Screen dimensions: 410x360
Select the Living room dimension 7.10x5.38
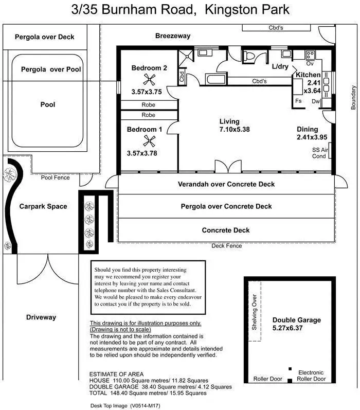[234, 130]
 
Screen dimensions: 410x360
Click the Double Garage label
[296, 320]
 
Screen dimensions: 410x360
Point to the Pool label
[47, 104]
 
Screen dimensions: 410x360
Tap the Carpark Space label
[43, 206]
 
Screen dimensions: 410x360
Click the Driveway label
[41, 317]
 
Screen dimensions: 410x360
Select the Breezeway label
[173, 36]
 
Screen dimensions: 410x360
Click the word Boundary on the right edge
[353, 97]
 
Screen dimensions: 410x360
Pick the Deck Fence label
[226, 246]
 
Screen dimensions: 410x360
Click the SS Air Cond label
[319, 153]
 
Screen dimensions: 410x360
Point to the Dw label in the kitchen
[315, 101]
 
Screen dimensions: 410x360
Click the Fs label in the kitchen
[298, 101]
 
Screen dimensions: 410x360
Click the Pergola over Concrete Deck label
[226, 206]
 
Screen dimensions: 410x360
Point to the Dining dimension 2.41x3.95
[312, 137]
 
